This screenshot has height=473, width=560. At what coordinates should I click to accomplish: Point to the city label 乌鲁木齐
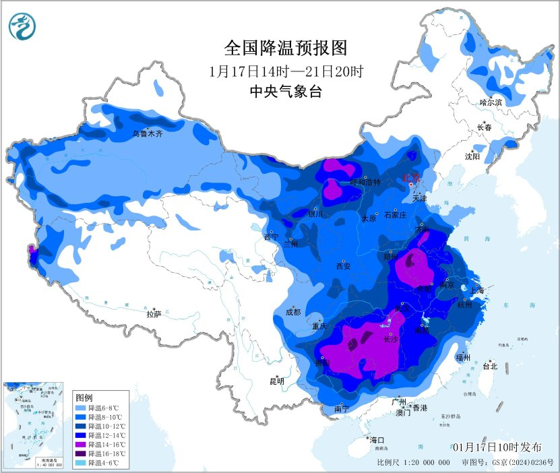coord(147,134)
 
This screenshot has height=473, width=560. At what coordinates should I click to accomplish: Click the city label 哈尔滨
coord(491,102)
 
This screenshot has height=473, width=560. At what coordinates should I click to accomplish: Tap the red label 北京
coord(410,177)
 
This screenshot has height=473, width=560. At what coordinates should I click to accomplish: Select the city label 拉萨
coord(154,314)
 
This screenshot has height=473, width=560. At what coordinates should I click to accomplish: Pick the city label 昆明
coord(277,381)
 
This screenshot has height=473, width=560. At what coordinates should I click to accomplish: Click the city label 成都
coord(293,312)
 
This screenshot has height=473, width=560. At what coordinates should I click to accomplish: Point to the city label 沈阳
coord(472,156)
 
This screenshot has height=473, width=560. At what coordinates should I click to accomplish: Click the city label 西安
coord(342,266)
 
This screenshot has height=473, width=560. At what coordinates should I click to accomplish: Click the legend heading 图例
coord(84,398)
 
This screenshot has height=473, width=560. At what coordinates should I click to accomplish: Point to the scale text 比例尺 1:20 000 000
coord(414,463)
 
